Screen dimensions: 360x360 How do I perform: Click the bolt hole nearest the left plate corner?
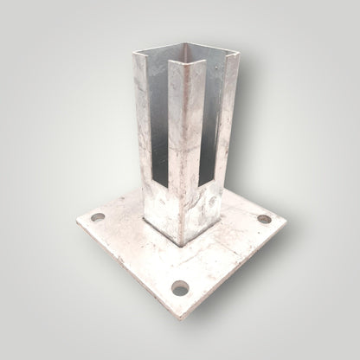click(97, 216)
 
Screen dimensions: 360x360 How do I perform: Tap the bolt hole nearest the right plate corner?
click(263, 219)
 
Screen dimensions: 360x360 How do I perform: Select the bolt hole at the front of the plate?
click(180, 286)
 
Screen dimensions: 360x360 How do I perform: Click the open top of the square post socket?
click(186, 54)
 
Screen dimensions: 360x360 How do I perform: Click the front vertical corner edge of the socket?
click(180, 156)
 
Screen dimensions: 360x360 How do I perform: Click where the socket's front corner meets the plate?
click(180, 243)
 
